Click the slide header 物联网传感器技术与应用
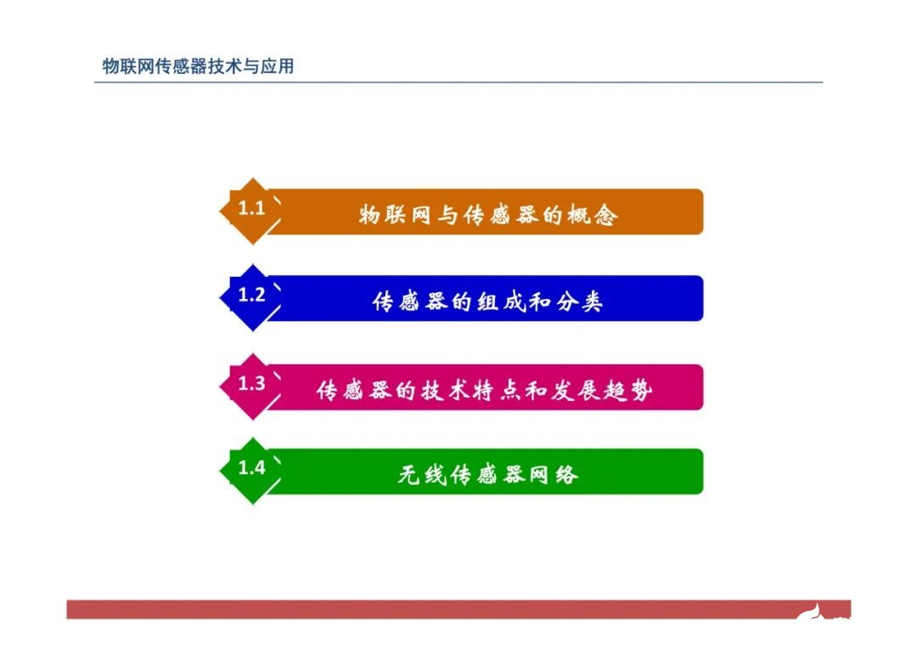(198, 65)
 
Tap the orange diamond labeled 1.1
(251, 210)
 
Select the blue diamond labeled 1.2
(251, 296)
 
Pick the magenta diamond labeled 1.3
(251, 385)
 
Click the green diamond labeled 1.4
(251, 469)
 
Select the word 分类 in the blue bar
(579, 302)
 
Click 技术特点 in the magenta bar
(459, 391)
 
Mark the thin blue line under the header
(458, 82)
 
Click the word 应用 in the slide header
(277, 65)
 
